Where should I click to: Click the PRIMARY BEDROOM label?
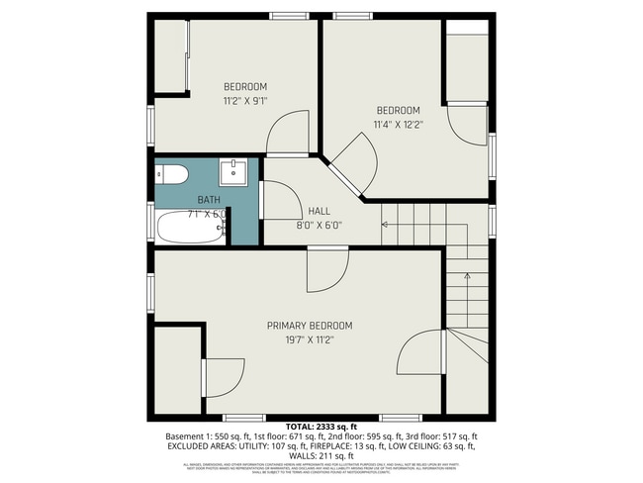[309, 326]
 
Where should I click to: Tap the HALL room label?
[319, 211]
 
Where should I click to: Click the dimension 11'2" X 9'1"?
[244, 100]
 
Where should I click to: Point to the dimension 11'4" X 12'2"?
[398, 124]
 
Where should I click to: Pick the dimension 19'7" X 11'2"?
[309, 339]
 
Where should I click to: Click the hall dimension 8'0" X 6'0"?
[319, 225]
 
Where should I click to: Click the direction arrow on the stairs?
[386, 225]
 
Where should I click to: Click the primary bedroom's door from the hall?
[328, 266]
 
